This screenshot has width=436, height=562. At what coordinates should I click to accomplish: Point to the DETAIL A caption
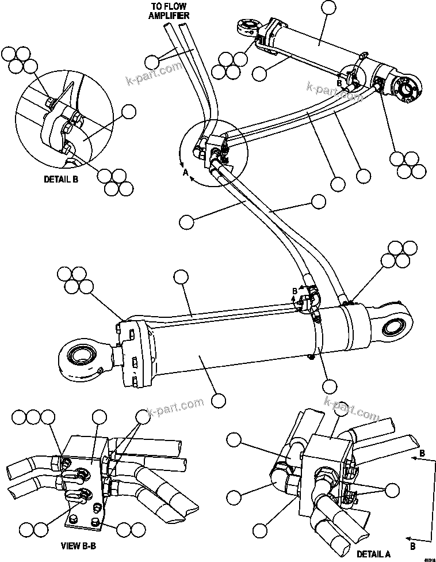point(373,554)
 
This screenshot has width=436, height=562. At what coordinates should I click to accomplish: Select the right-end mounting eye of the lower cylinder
point(393,328)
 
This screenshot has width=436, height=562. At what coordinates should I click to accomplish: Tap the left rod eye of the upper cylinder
point(247,29)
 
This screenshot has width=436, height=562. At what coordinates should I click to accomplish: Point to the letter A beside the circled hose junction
point(185,172)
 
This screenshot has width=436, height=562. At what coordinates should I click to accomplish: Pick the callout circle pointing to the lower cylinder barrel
point(217,400)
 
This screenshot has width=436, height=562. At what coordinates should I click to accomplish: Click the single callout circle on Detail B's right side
point(129,111)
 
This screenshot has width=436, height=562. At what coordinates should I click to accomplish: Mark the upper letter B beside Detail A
point(422,454)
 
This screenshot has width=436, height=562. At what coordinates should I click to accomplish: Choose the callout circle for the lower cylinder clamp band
point(328,385)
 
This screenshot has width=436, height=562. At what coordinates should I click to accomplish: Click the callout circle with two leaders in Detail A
point(392,490)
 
